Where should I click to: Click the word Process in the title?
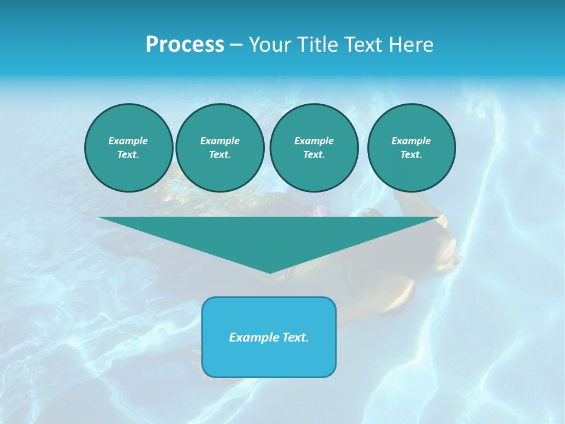click(185, 45)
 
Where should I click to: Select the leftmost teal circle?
click(129, 148)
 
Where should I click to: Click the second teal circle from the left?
click(220, 148)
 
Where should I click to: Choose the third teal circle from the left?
click(314, 148)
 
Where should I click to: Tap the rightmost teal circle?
click(411, 148)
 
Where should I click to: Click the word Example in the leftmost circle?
click(128, 141)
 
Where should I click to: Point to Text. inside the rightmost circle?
click(411, 155)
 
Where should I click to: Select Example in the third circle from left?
click(314, 141)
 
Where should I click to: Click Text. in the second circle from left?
click(220, 155)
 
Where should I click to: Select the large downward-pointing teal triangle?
click(269, 236)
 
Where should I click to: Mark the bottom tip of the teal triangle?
click(270, 273)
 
